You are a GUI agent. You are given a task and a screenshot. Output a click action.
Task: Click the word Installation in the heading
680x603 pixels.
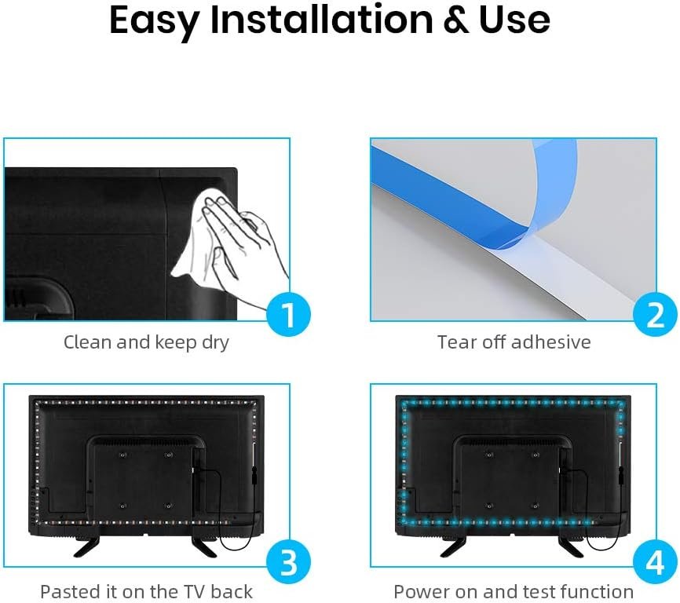[321, 20]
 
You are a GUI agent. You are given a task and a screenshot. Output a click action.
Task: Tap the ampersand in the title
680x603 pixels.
[455, 20]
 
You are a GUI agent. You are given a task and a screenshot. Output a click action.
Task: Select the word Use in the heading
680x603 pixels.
[514, 20]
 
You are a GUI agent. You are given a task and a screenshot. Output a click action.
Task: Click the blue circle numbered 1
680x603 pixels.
[288, 315]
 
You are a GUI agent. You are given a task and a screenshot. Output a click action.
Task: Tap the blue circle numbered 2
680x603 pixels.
[655, 315]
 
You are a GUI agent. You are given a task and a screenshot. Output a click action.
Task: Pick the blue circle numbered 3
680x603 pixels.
[288, 562]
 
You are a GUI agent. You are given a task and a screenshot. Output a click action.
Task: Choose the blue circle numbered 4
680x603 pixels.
[655, 562]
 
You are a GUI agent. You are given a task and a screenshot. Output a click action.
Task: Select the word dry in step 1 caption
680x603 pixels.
[215, 342]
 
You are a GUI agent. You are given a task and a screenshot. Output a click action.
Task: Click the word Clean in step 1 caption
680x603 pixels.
[87, 342]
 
